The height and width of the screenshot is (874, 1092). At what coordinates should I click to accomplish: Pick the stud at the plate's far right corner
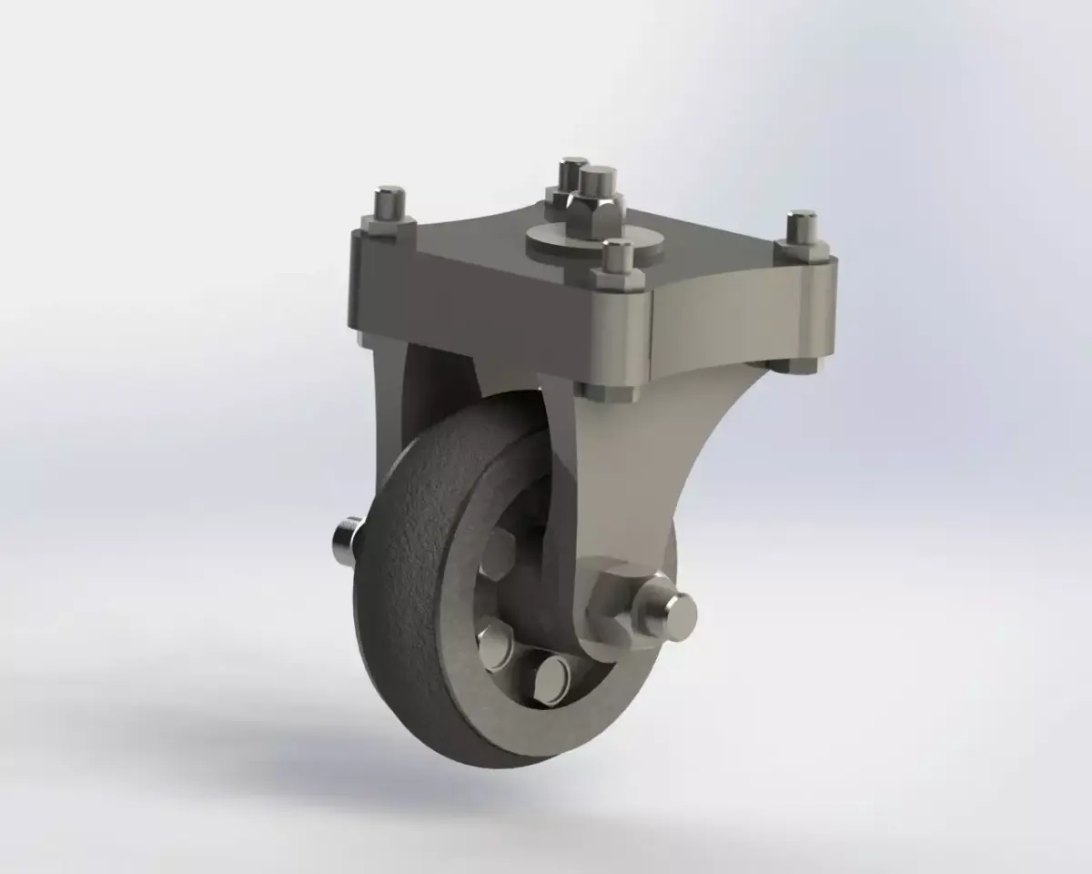(801, 224)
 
